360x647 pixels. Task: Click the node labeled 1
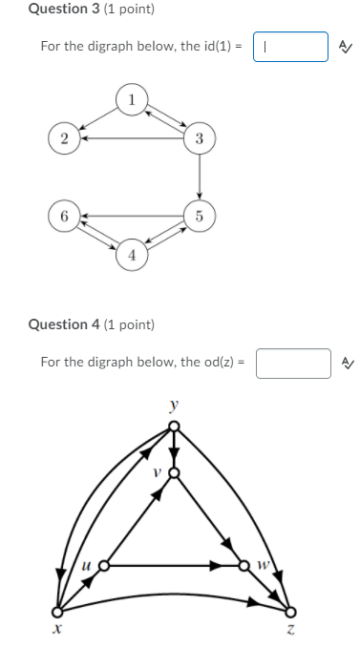coord(132,97)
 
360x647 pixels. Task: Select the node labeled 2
coord(64,138)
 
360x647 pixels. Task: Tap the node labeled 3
coord(199,138)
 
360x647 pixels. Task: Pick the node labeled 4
coord(132,255)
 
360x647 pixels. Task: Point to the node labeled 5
coord(199,216)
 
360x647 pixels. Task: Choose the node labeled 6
coord(64,216)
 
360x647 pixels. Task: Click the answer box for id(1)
coord(290,46)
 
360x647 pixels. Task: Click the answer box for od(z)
coord(292,363)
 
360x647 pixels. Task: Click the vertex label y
coord(173,405)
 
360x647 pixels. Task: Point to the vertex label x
coord(57,630)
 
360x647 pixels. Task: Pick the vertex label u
coord(87,566)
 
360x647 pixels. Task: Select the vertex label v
coord(159,471)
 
